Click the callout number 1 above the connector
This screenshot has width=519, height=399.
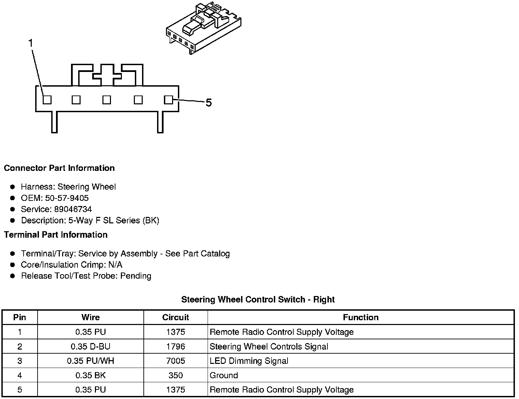pos(31,43)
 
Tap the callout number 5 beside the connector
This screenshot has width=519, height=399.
pos(209,103)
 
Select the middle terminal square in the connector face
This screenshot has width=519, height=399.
pos(107,100)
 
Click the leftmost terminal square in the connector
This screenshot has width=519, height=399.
pos(47,100)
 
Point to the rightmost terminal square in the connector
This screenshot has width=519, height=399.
pos(168,100)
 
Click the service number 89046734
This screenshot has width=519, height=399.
pos(73,209)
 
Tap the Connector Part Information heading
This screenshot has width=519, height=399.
pos(59,168)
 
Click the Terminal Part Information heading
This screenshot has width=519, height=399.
pos(56,235)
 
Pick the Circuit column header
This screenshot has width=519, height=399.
pos(176,317)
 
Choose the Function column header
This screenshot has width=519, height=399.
pos(361,317)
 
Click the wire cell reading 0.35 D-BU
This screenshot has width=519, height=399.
pos(90,346)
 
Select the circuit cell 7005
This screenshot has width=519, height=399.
pos(176,361)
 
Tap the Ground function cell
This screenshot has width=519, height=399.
pos(224,375)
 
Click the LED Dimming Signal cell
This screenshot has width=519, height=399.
pos(249,361)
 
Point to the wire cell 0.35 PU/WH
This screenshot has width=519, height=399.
pos(90,361)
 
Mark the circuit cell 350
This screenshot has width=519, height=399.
pos(176,375)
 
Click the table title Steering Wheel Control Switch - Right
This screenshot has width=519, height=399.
pos(258,300)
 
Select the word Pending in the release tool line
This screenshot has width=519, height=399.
pos(136,276)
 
